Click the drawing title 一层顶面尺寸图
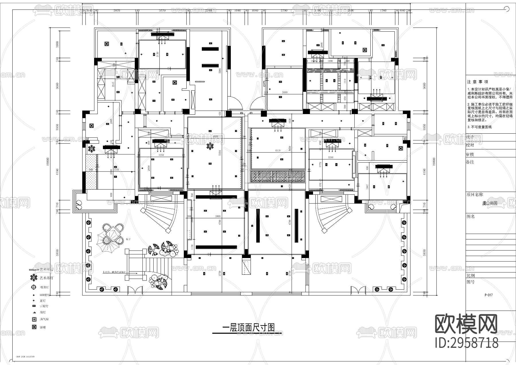(249, 327)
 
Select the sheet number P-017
(488, 295)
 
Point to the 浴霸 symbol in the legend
(34, 327)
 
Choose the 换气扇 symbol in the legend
(34, 319)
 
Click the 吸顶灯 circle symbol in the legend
(34, 287)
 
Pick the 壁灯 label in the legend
(42, 312)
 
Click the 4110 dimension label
(277, 151)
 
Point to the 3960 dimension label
(218, 216)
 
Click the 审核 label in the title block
(470, 154)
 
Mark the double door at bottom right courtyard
(357, 290)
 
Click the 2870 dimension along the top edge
(117, 11)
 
